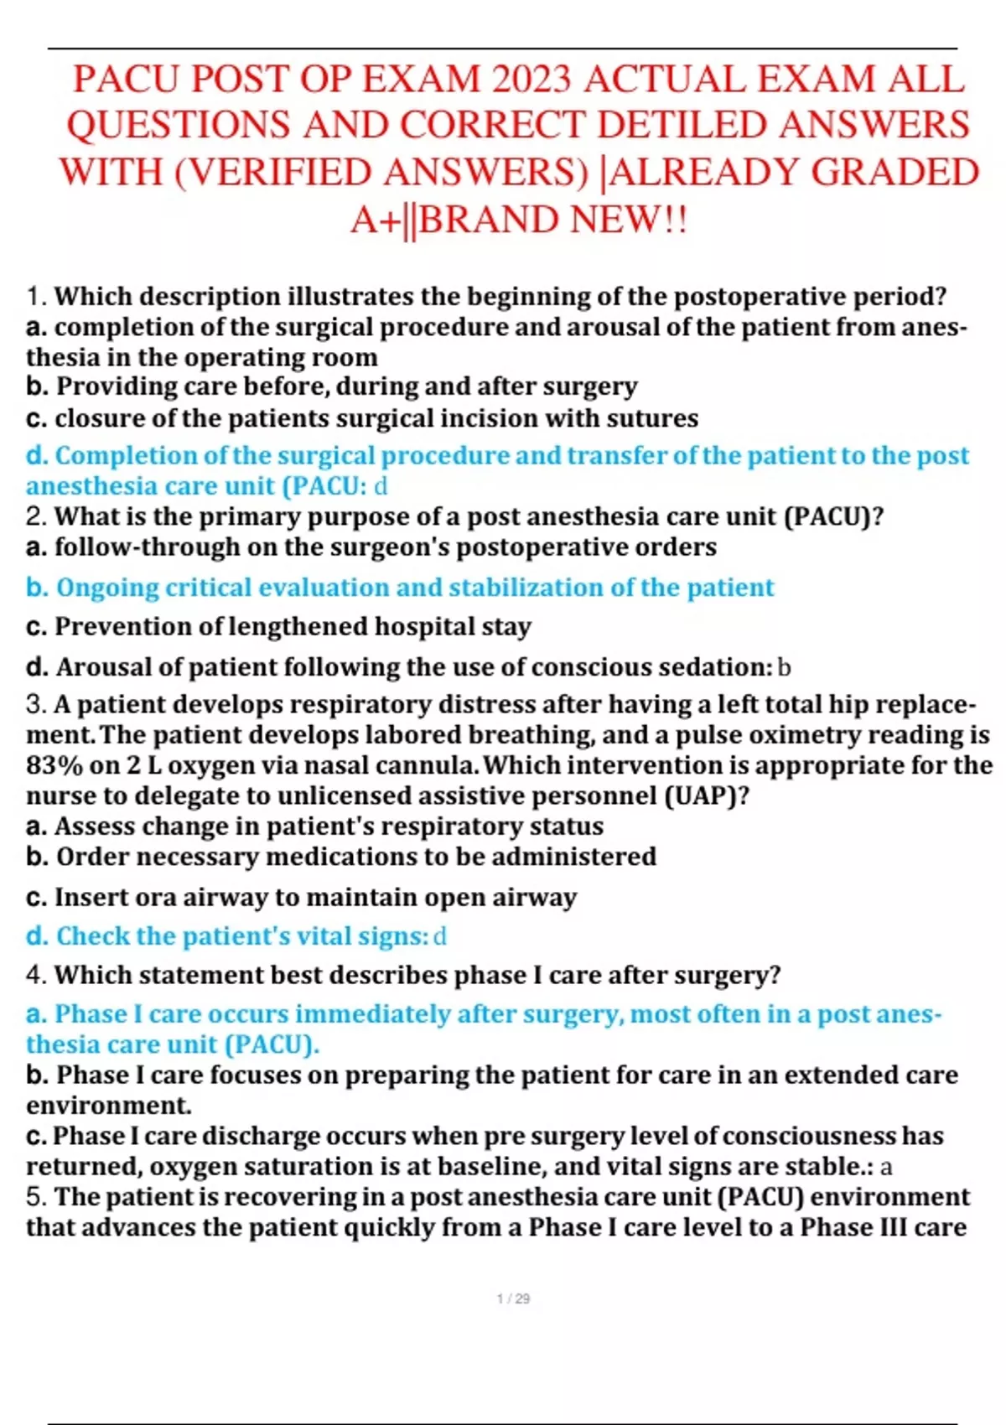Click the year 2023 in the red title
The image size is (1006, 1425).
pos(532,80)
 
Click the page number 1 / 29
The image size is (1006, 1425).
pos(513,1298)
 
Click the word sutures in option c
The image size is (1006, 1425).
pos(653,418)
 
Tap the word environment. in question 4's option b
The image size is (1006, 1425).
pos(108,1106)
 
